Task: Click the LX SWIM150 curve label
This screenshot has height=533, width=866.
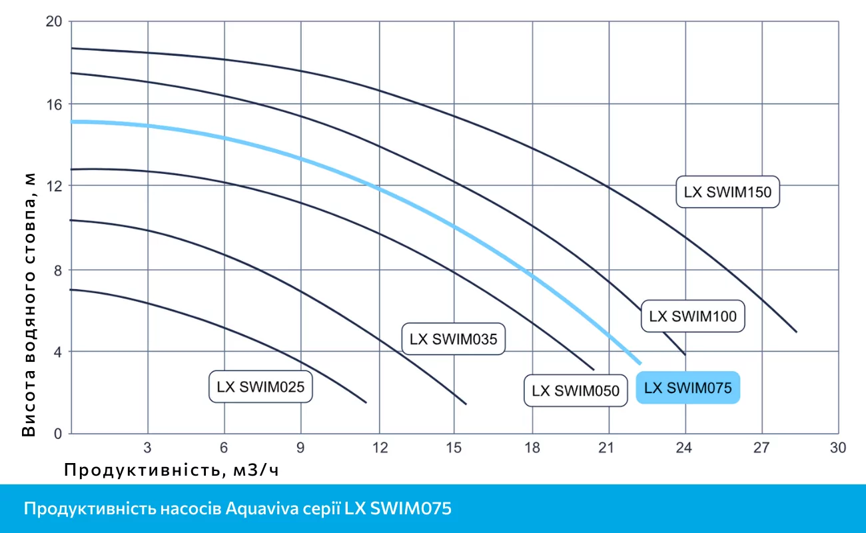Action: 727,193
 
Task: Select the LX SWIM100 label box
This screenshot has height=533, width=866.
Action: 693,316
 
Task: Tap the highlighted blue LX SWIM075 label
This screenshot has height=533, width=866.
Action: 688,388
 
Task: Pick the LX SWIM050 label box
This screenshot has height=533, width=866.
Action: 576,390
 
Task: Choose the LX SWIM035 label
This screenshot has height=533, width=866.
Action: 453,338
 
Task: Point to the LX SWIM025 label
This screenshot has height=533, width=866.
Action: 260,386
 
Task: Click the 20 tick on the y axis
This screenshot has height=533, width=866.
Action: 54,21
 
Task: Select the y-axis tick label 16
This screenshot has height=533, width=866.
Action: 54,104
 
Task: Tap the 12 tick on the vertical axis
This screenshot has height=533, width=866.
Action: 54,185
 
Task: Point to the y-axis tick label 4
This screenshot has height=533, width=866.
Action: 57,351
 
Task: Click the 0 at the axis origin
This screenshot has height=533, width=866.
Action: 57,434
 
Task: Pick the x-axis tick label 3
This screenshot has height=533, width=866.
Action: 148,447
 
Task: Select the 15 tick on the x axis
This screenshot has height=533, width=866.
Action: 454,447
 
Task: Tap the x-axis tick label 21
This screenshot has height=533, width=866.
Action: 607,447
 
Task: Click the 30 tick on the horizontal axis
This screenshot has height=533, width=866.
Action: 837,447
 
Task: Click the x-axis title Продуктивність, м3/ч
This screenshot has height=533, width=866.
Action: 171,470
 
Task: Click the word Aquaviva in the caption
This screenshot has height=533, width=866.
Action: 257,510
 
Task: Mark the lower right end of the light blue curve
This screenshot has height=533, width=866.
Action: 640,363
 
